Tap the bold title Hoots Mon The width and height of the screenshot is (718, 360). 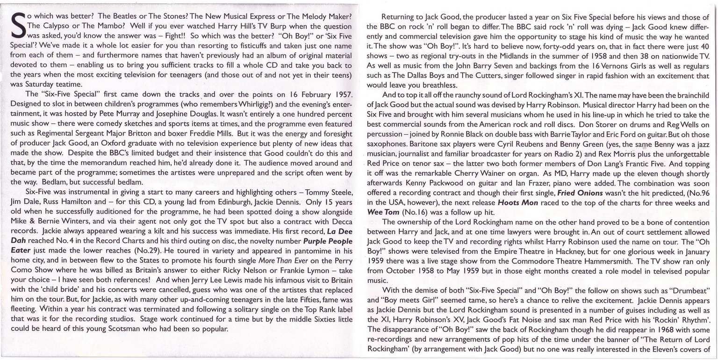click(518, 203)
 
